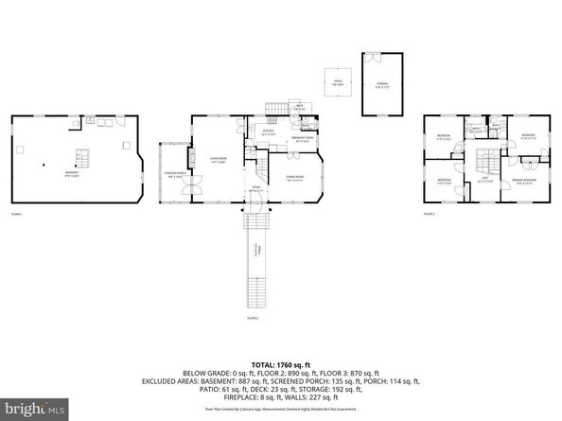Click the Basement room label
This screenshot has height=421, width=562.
click(71, 173)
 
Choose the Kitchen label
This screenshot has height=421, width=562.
click(268, 132)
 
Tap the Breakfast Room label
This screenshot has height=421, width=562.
click(305, 143)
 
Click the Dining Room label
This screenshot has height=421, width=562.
click(294, 178)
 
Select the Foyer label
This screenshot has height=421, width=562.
click(255, 188)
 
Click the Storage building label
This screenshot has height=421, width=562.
click(382, 83)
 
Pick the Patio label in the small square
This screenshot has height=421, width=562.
click(336, 81)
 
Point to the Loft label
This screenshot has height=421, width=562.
click(483, 179)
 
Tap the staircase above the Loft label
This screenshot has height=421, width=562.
click(484, 158)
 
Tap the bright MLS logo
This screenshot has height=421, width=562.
click(34, 410)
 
